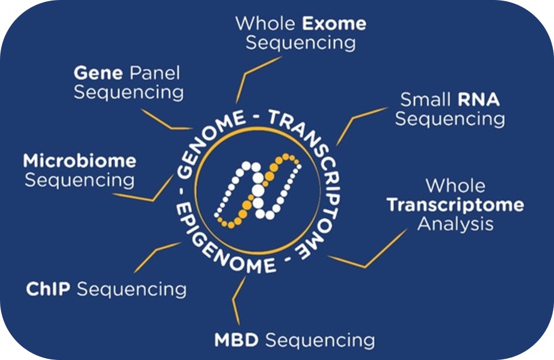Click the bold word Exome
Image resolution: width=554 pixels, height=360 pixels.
pos(334,25)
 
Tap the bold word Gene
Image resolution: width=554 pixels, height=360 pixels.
pos(94,73)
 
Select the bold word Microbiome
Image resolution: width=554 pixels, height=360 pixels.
pos(79,161)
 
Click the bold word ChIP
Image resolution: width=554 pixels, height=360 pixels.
pos(49,289)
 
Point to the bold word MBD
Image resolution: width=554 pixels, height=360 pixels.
pos(236,340)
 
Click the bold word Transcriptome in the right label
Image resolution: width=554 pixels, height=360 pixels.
pos(455,205)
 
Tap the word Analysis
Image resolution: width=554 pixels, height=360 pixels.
pos(455,224)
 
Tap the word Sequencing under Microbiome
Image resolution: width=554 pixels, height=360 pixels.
pos(79,180)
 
